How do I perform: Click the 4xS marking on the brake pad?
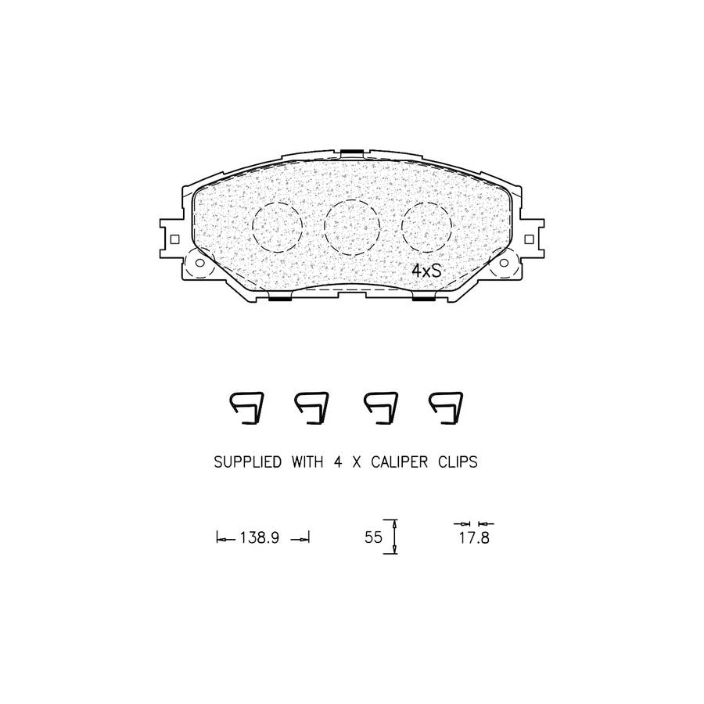(x=427, y=271)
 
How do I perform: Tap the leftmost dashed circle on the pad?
(x=253, y=227)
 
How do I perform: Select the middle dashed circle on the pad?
(x=325, y=228)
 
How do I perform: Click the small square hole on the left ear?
(x=175, y=239)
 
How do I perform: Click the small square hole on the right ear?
(x=530, y=239)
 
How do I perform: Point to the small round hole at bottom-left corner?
(x=199, y=263)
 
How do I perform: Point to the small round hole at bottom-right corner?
(x=505, y=263)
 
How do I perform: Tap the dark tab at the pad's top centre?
(x=352, y=153)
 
